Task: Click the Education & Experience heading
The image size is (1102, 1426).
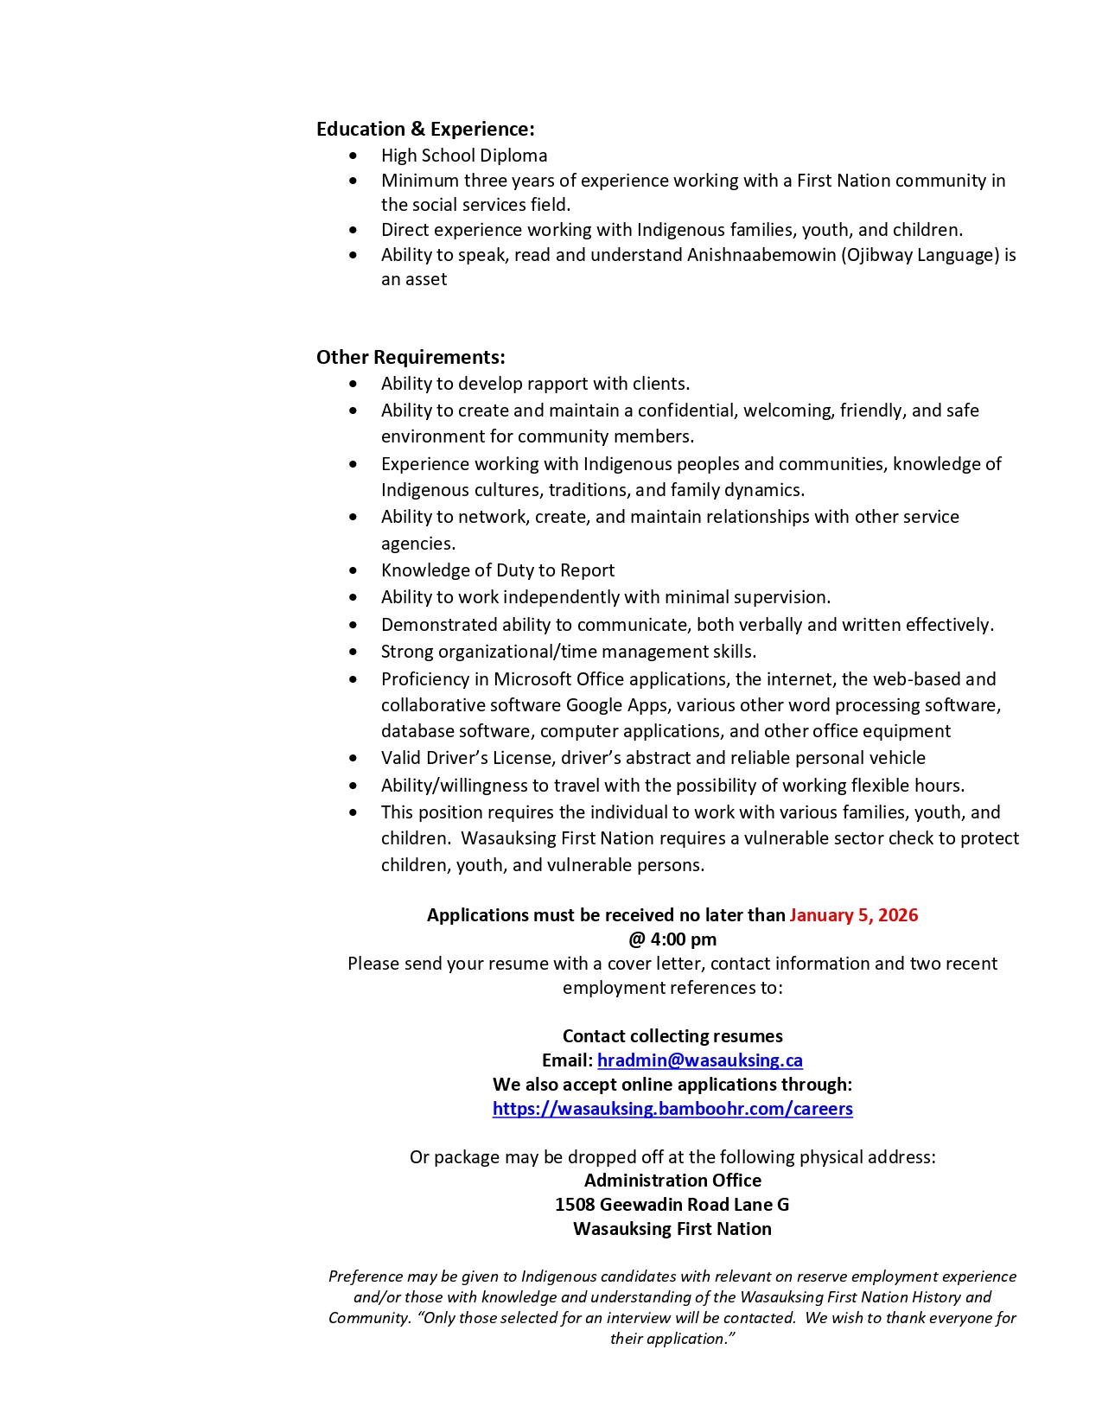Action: tap(425, 130)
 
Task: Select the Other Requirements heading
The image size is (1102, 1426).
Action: tap(411, 358)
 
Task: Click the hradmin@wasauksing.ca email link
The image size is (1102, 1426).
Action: tap(699, 1060)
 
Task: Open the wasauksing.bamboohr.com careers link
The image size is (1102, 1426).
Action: tap(672, 1109)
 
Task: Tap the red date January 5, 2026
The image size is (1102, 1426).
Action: tap(853, 915)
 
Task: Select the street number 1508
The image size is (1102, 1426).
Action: tap(575, 1205)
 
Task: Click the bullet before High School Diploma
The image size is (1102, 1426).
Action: tap(353, 156)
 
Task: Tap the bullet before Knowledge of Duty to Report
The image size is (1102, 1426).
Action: tap(353, 571)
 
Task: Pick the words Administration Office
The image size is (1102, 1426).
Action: tap(672, 1181)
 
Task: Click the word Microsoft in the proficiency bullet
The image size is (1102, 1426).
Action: tap(532, 679)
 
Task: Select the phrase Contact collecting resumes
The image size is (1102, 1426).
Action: tap(672, 1036)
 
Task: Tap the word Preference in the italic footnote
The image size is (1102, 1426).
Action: tap(365, 1276)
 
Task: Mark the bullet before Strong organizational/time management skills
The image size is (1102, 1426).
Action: tap(353, 653)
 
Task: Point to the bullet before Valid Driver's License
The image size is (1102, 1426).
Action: tap(353, 759)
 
